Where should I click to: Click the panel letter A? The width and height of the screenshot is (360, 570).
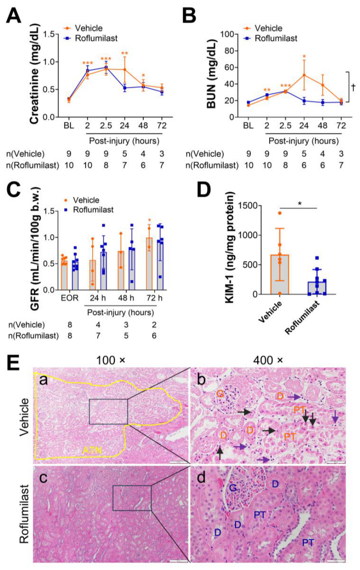point(13,16)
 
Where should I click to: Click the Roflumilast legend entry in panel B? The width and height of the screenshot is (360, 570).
point(270,38)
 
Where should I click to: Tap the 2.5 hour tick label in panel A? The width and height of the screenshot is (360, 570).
point(106,125)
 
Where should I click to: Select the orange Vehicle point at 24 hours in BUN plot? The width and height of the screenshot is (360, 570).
point(304,75)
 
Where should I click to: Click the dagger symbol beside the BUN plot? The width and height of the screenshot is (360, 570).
point(353,87)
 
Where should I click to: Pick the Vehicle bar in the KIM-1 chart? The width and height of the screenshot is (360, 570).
point(280,275)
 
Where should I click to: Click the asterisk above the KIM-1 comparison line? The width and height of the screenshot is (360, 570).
point(299,204)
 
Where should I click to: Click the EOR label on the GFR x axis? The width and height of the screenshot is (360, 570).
point(69,298)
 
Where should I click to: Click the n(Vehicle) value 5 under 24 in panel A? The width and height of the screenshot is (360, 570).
point(125,154)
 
